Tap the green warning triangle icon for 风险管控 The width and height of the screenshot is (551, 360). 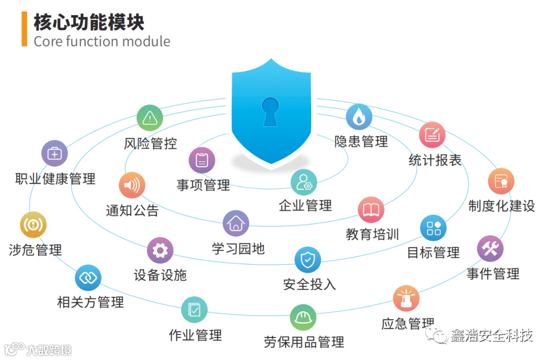click(x=149, y=118)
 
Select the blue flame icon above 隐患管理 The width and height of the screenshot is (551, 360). click(x=359, y=117)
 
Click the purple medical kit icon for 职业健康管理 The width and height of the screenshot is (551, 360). click(x=54, y=153)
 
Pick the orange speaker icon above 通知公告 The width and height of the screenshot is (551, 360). click(x=132, y=185)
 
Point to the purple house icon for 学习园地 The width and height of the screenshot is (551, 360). click(x=236, y=223)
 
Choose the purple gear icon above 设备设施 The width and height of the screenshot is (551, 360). click(x=160, y=250)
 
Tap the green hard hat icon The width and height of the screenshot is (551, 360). click(x=303, y=317)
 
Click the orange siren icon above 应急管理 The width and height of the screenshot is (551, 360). click(x=406, y=298)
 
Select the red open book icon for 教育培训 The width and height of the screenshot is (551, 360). click(x=371, y=210)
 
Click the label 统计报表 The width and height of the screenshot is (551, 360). click(x=435, y=160)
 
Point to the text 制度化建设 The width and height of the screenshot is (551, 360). click(x=502, y=205)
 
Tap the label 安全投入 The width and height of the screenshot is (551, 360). click(x=309, y=284)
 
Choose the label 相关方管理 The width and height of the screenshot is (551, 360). click(x=90, y=302)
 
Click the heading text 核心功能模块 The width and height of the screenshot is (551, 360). click(x=89, y=22)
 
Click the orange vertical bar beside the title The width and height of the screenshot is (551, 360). click(x=24, y=29)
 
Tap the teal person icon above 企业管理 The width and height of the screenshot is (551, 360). click(x=304, y=182)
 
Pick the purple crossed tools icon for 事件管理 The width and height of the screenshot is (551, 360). click(x=490, y=249)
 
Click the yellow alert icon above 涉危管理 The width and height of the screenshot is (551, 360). click(x=33, y=225)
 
